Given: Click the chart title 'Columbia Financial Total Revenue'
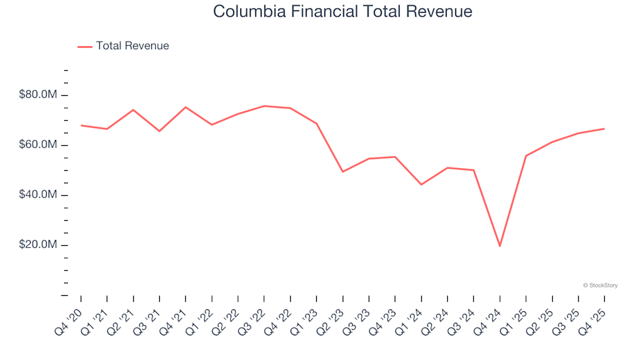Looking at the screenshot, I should coord(343,11).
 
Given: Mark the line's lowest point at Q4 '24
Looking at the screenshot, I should coord(499,246).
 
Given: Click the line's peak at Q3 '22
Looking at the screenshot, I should coord(264,106).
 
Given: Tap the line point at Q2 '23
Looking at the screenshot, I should coord(343,172).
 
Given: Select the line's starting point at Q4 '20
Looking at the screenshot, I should coord(81,125).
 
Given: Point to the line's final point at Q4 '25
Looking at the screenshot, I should coord(604,129).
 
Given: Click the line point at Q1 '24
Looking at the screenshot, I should coord(421,185).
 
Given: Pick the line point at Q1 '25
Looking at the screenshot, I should coord(526,156).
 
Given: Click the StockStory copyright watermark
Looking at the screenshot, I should coord(600,285).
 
